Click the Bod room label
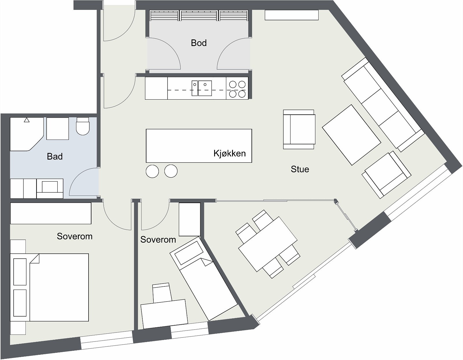(199, 43)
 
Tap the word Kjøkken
(229, 153)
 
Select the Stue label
(300, 169)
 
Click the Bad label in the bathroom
(55, 156)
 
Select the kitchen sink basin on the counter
(205, 88)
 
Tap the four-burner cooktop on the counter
(237, 89)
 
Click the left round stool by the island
(152, 171)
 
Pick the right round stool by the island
(171, 171)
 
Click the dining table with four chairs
(268, 244)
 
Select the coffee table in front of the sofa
(351, 135)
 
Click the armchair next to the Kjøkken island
(299, 129)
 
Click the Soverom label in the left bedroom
(75, 236)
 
